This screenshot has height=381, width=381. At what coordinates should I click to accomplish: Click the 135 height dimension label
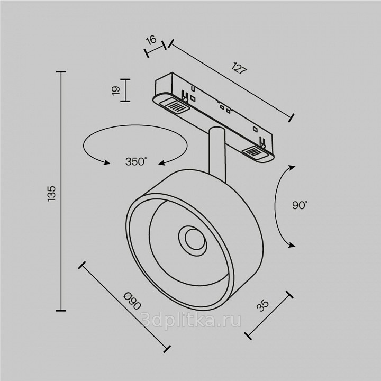pyautogui.click(x=51, y=194)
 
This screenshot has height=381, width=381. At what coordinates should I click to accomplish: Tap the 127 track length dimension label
pyautogui.click(x=239, y=68)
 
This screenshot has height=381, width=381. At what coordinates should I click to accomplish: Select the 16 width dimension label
pyautogui.click(x=152, y=40)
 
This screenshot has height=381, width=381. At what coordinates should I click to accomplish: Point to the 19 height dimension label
pyautogui.click(x=116, y=90)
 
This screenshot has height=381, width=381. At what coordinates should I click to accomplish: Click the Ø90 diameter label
pyautogui.click(x=132, y=301)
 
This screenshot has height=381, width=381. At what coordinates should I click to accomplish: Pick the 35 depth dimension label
pyautogui.click(x=262, y=306)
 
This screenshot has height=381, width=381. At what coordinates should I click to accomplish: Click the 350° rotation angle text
pyautogui.click(x=136, y=161)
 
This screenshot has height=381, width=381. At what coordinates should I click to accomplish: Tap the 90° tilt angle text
pyautogui.click(x=300, y=205)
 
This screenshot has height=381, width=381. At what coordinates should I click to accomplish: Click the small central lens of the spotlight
pyautogui.click(x=194, y=239)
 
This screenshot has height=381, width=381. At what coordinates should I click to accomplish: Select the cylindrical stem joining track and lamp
pyautogui.click(x=217, y=153)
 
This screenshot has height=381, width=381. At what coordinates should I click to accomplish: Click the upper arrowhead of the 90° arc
pyautogui.click(x=292, y=168)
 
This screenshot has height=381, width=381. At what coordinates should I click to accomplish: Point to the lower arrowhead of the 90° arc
pyautogui.click(x=292, y=245)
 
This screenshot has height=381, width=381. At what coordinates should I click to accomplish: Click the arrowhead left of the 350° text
pyautogui.click(x=106, y=162)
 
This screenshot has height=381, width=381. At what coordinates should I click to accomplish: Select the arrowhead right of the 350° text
pyautogui.click(x=162, y=163)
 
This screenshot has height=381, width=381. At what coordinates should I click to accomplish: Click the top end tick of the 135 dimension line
pyautogui.click(x=61, y=71)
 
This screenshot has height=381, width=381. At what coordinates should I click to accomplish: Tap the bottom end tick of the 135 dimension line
pyautogui.click(x=61, y=310)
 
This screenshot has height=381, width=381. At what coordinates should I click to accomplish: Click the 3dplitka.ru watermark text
pyautogui.click(x=190, y=321)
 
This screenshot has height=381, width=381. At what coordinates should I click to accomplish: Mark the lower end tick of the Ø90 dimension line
pyautogui.click(x=167, y=349)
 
